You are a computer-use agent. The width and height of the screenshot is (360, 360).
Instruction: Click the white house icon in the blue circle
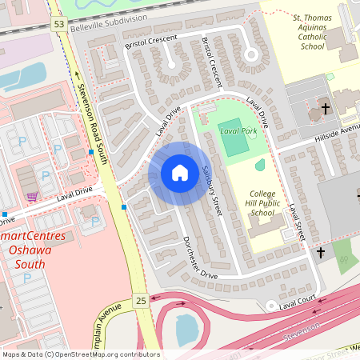pos(180,173)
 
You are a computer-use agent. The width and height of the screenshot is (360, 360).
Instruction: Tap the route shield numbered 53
pos(58,25)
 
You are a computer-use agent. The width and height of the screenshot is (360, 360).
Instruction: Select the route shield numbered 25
pos(141,301)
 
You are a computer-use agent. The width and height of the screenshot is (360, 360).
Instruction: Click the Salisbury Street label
pos(211,191)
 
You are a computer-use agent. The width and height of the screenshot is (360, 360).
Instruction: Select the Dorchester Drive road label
pos(198,258)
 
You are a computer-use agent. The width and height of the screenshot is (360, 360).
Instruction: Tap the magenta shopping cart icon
pos(31,197)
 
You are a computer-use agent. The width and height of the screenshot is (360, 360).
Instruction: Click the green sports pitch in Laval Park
pos(233,141)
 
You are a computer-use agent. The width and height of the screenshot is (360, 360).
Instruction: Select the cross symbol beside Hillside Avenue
pos(326,108)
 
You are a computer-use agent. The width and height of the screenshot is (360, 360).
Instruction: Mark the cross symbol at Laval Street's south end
pos(321,253)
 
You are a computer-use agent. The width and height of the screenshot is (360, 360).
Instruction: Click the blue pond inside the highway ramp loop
pos(186,327)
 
